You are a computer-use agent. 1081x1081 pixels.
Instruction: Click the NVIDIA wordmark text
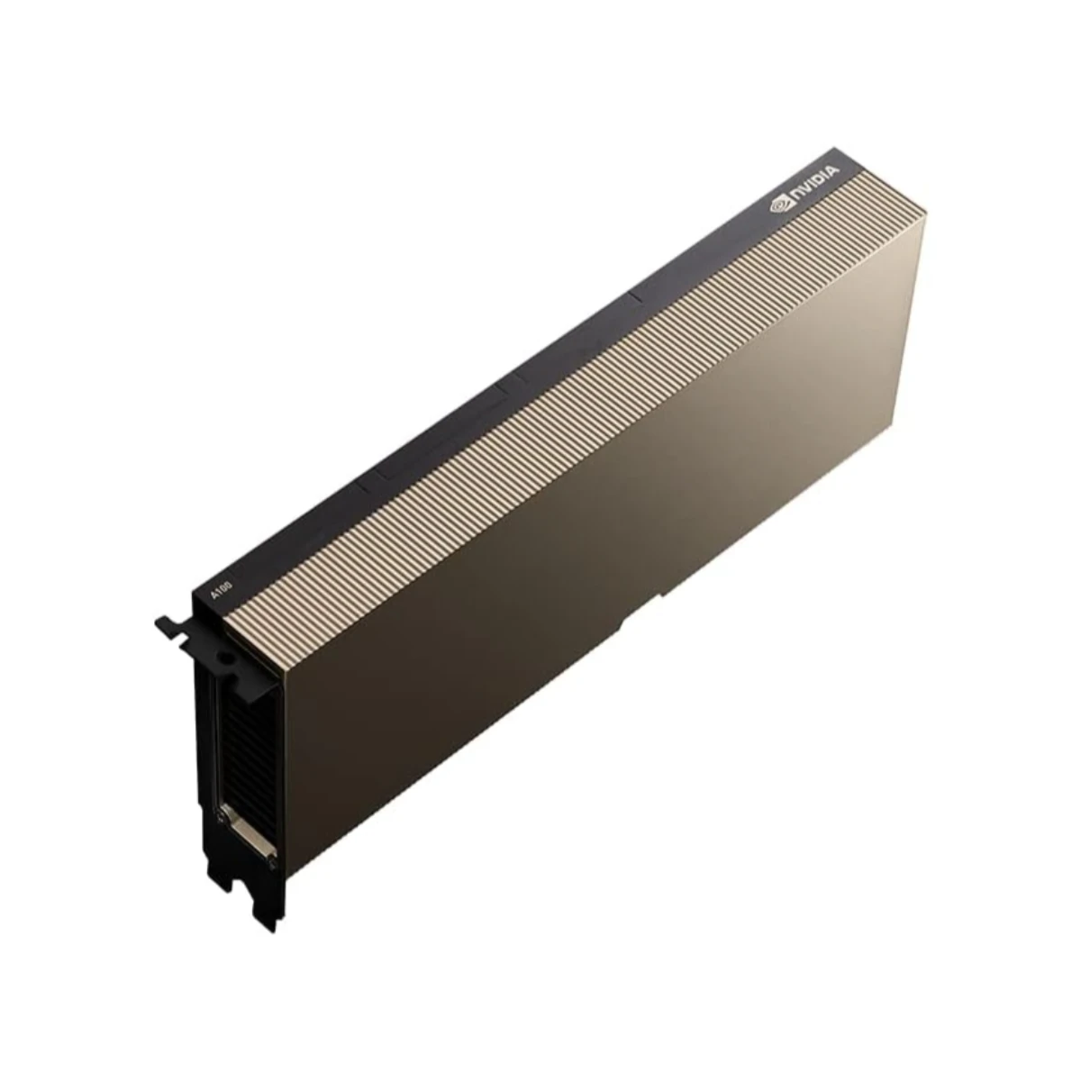coord(813,181)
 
